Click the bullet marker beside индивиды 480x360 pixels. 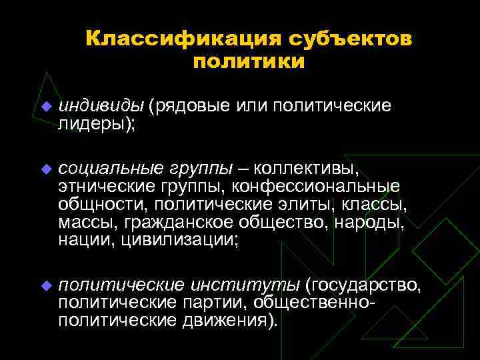click(x=45, y=107)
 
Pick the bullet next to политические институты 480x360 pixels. click(x=45, y=286)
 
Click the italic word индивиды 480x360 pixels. click(x=101, y=107)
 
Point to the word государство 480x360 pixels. click(x=364, y=285)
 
